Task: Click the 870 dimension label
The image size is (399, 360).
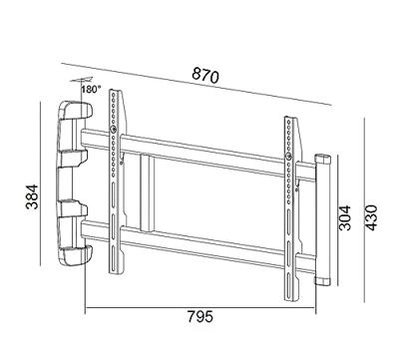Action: point(205,76)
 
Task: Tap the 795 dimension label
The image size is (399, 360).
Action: point(200,316)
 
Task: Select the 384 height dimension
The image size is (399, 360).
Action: point(33,196)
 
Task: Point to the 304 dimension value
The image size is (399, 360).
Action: point(344,217)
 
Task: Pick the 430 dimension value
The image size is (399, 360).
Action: point(371,217)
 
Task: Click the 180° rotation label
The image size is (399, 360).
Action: point(91,89)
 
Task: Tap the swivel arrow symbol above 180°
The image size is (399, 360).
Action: point(81,80)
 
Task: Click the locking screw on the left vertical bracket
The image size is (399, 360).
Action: point(114,129)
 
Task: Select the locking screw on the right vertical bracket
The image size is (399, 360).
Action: point(289,156)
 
